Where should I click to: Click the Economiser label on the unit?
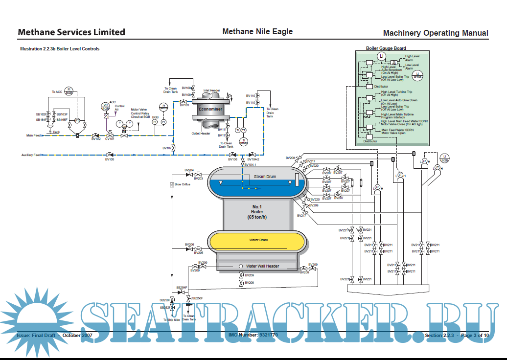[x=210, y=109]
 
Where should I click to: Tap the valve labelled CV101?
[x=110, y=134]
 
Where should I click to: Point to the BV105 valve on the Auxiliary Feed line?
[x=110, y=155]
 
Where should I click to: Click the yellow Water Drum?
[x=257, y=241]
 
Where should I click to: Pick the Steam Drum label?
[x=265, y=177]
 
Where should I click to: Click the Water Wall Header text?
[x=262, y=266]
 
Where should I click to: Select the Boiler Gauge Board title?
[x=386, y=48]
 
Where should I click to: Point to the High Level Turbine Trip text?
[x=396, y=93]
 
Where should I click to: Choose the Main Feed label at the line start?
[x=33, y=135]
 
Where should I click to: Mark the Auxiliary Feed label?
[x=31, y=155]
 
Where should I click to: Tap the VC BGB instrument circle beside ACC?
[x=105, y=106]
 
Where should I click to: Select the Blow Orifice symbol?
[x=172, y=184]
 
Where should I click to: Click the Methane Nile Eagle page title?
[x=257, y=32]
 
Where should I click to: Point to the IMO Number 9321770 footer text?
[x=253, y=335]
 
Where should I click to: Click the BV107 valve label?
[x=167, y=148]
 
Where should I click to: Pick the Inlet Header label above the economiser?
[x=211, y=90]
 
